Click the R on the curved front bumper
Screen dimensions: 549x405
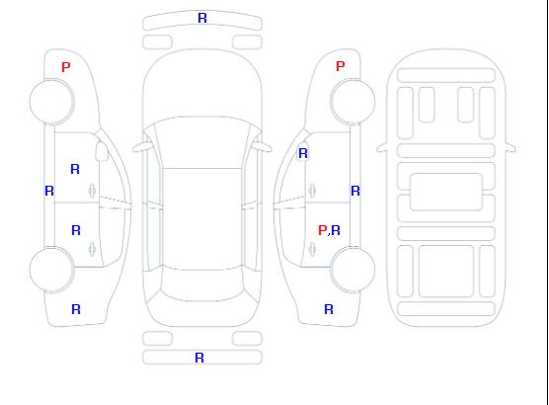(202, 18)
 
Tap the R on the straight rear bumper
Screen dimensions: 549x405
(199, 358)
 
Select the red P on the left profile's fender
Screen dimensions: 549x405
(66, 67)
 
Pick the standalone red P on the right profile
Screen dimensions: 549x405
(340, 66)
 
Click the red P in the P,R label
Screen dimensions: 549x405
(322, 230)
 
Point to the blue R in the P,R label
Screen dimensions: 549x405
(336, 230)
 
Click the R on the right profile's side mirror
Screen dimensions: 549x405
(303, 153)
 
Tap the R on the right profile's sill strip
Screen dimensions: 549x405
(355, 191)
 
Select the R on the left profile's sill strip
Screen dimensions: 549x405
(49, 191)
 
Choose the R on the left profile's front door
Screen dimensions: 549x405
(75, 169)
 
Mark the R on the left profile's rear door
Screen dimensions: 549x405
(76, 230)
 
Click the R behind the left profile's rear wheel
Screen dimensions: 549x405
(76, 309)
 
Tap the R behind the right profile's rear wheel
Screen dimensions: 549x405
(329, 309)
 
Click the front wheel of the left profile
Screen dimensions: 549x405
(51, 102)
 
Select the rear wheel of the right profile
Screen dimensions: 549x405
(353, 269)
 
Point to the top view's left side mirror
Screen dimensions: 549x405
(141, 147)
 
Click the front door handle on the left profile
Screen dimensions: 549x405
(93, 191)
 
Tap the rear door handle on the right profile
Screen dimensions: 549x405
(312, 249)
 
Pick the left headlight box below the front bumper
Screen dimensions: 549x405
(157, 42)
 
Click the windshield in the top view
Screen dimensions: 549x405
(202, 142)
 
